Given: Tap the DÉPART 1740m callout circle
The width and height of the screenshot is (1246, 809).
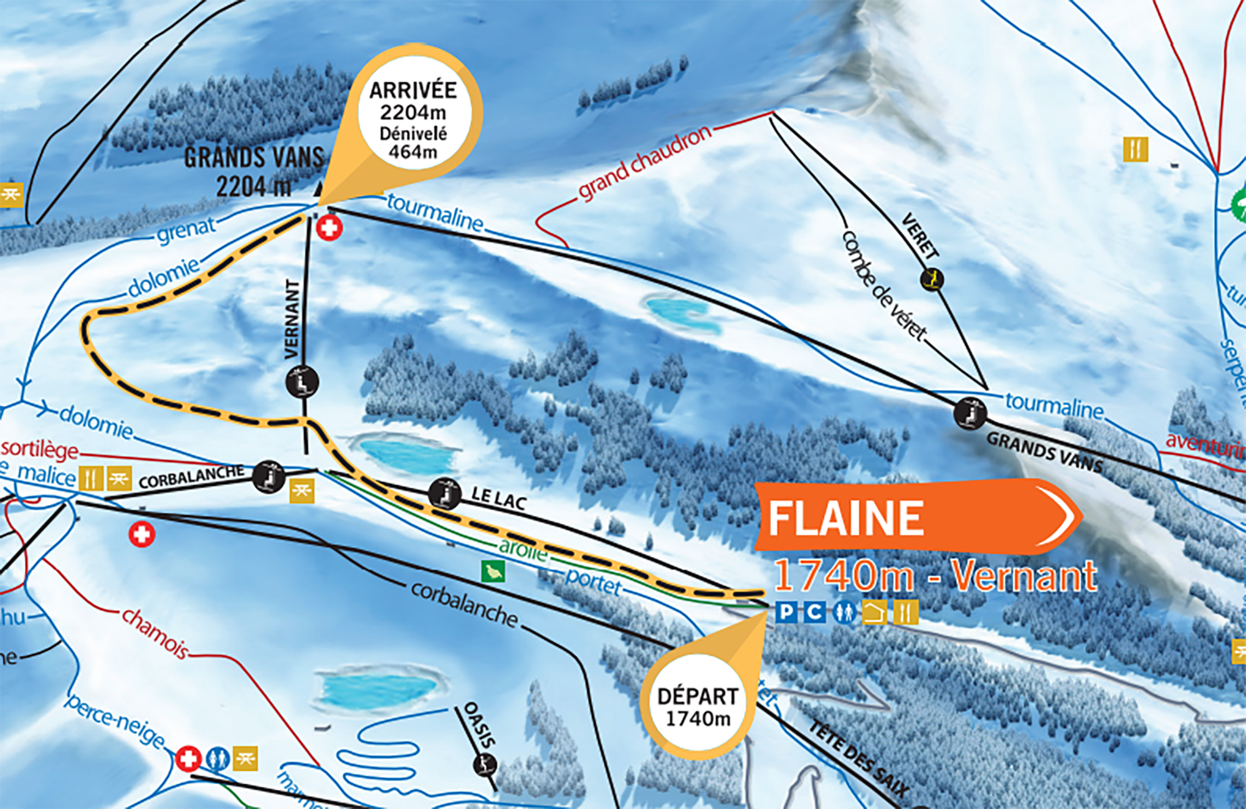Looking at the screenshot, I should click(698, 707).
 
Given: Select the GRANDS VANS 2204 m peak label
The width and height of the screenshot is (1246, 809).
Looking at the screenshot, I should click(254, 171).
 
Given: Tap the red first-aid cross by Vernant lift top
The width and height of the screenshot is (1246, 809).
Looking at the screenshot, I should click(329, 227).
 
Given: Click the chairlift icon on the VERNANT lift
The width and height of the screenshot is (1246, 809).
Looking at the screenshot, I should click(302, 381).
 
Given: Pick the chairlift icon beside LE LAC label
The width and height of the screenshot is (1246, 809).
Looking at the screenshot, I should click(445, 494).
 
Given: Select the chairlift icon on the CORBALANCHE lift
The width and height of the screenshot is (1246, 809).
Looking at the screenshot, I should click(269, 477).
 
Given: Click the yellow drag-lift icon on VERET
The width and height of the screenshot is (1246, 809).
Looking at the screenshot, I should click(932, 279).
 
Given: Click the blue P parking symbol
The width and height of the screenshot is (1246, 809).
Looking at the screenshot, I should click(787, 612).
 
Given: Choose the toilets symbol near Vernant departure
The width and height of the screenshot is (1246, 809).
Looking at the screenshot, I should click(845, 612).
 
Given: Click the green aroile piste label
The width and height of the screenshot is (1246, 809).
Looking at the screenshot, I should click(523, 548).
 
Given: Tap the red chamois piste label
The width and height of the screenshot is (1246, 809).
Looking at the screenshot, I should click(155, 633).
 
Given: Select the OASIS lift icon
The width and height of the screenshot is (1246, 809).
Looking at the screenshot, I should click(485, 764).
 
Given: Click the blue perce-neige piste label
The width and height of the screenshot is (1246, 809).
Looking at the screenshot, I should click(115, 720).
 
